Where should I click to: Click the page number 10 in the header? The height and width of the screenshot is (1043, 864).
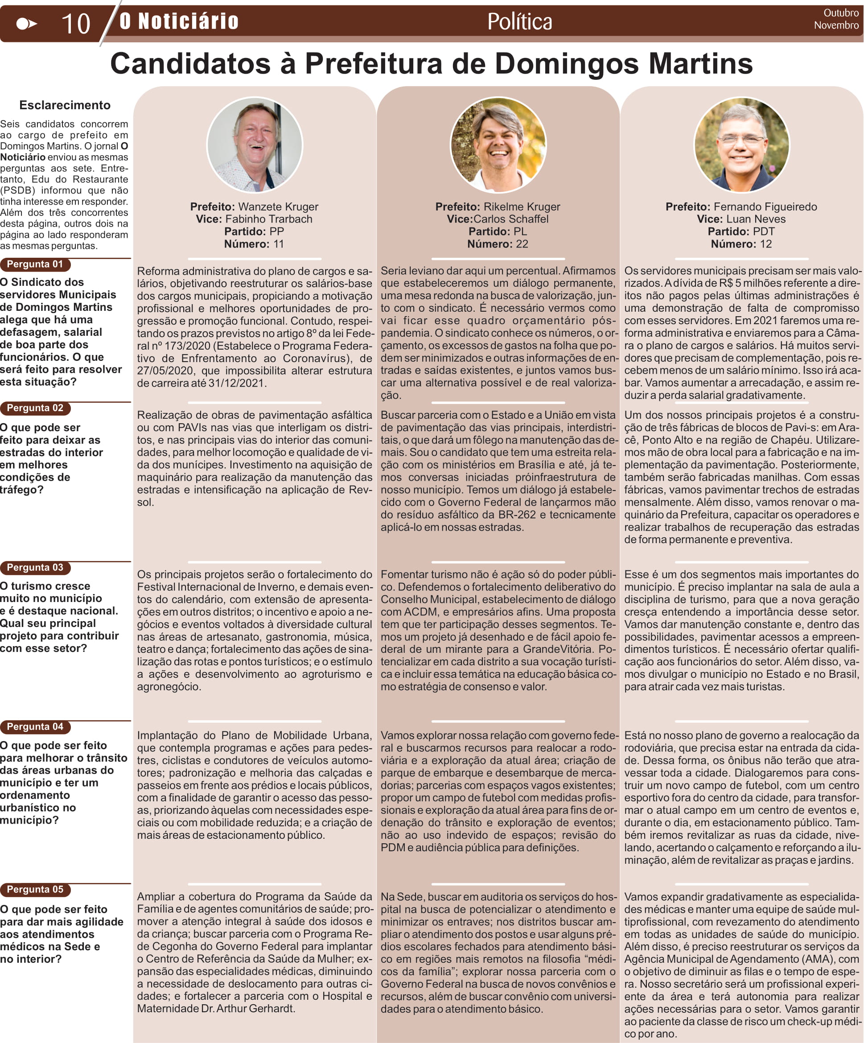pyautogui.click(x=75, y=23)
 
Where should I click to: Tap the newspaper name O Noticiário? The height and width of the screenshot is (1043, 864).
pyautogui.click(x=179, y=21)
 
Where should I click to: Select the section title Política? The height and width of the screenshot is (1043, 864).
pyautogui.click(x=519, y=22)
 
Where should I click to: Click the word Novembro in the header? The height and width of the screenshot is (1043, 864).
pyautogui.click(x=836, y=25)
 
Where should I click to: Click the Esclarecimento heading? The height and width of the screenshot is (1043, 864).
pyautogui.click(x=65, y=105)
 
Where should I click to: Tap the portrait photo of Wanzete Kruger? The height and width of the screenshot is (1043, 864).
pyautogui.click(x=254, y=144)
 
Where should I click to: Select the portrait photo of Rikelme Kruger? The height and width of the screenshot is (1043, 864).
pyautogui.click(x=498, y=144)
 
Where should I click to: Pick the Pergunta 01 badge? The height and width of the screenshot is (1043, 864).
pyautogui.click(x=35, y=264)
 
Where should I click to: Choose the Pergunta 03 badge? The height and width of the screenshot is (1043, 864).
pyautogui.click(x=35, y=567)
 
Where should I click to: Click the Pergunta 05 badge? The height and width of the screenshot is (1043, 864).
pyautogui.click(x=35, y=889)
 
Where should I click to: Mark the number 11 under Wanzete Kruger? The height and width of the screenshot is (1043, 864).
pyautogui.click(x=278, y=244)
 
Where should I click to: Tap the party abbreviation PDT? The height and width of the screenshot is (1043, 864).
pyautogui.click(x=763, y=231)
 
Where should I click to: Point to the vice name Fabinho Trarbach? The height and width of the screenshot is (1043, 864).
pyautogui.click(x=269, y=219)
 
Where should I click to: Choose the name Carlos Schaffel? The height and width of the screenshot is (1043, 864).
pyautogui.click(x=510, y=219)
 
